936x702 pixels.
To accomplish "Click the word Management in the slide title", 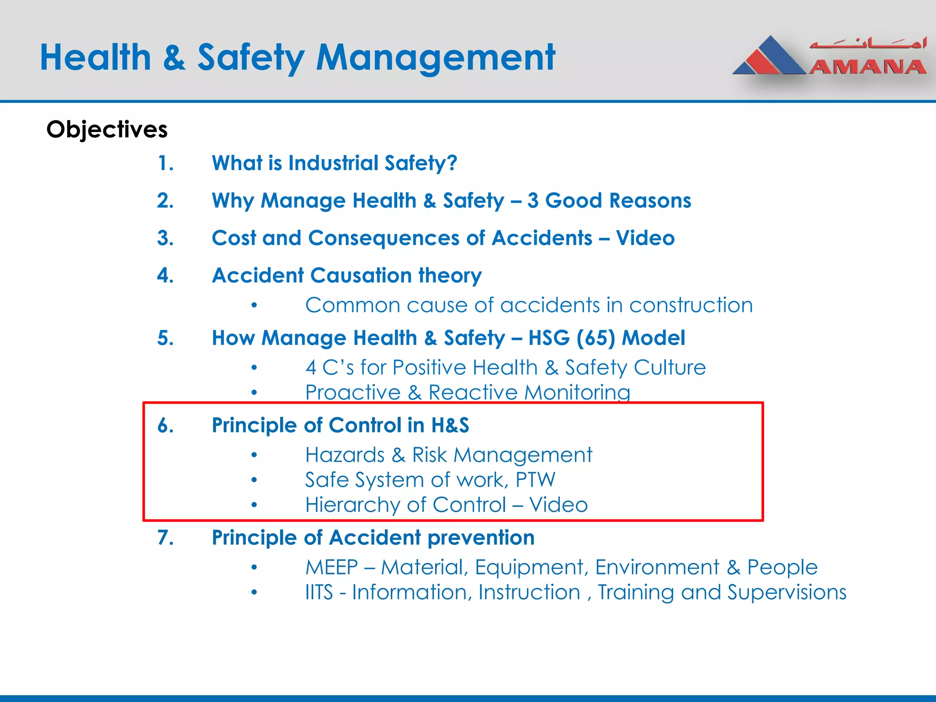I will click(x=436, y=58).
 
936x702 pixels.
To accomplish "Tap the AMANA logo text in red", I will click(x=867, y=67).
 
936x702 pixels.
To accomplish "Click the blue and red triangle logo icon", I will click(x=770, y=57).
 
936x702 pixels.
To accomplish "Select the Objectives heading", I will click(x=107, y=129).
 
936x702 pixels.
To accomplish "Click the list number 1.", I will click(x=165, y=163).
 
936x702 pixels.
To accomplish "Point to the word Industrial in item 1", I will click(x=334, y=163).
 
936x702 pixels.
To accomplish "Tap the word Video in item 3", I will click(x=645, y=238).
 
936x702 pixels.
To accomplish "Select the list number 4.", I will click(x=165, y=276).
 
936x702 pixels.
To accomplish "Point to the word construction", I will click(x=691, y=305).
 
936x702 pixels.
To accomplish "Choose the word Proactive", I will click(x=353, y=393).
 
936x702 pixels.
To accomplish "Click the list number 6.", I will click(x=165, y=425).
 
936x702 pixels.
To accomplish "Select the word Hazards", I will click(x=345, y=455).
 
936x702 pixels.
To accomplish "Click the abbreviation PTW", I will click(x=535, y=480).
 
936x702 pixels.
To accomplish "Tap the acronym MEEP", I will click(x=331, y=568).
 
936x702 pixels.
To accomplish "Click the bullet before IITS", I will click(x=254, y=593).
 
